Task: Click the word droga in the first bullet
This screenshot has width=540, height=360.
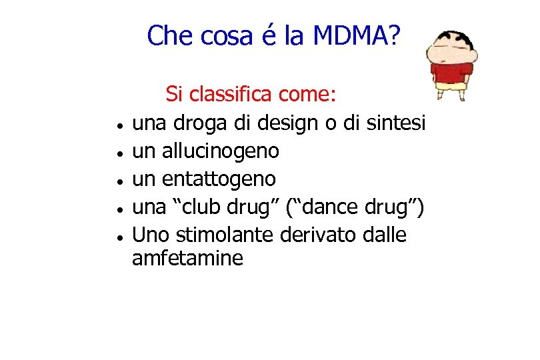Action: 197,123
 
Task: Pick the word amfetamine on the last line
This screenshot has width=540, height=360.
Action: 187,258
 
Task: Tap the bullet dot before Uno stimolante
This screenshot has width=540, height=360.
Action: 117,237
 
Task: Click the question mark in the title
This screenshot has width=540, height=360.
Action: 392,35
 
